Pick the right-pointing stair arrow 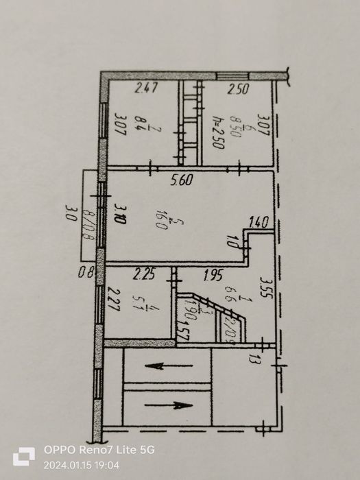168,405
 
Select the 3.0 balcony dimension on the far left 69,211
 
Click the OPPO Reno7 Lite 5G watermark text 99,450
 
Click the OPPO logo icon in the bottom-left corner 24,457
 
